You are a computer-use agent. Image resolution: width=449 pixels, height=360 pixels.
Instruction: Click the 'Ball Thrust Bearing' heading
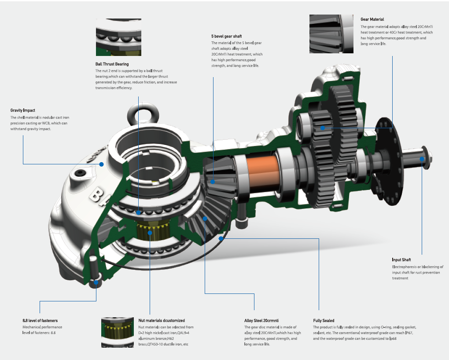click(x=112, y=64)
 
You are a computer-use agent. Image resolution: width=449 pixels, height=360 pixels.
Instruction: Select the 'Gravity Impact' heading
click(x=22, y=110)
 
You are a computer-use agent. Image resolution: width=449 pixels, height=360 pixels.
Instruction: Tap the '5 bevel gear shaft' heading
click(x=226, y=36)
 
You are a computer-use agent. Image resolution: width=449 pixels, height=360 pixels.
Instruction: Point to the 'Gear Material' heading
click(x=372, y=19)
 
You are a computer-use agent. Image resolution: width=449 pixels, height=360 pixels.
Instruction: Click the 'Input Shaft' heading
click(x=401, y=260)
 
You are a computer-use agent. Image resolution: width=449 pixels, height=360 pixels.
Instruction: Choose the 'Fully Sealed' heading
click(x=324, y=321)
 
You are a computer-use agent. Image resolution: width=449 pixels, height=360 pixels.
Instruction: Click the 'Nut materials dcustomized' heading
click(x=162, y=321)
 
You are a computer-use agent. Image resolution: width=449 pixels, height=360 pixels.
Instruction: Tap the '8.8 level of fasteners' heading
click(x=40, y=321)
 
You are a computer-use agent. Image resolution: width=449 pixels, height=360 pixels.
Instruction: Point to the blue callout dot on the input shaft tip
click(x=422, y=159)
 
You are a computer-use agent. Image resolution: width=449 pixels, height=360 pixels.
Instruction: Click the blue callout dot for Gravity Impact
click(x=101, y=164)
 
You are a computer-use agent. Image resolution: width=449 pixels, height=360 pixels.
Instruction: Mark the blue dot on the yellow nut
click(x=150, y=232)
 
